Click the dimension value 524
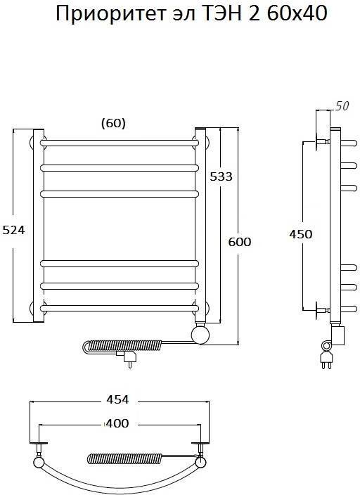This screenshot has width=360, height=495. coord(13,230)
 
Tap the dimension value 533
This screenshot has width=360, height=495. coord(221,176)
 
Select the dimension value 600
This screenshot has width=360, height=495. coord(240,242)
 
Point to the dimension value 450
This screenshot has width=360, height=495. coord(301,234)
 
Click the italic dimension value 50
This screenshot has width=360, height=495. coord(342,106)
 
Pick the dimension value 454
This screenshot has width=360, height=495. coord(117,399)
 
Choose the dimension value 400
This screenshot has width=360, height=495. coord(117,423)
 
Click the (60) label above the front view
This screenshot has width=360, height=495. coord(113,123)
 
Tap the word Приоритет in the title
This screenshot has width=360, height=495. coord(111,14)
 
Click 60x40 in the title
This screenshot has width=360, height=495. coord(297,13)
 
